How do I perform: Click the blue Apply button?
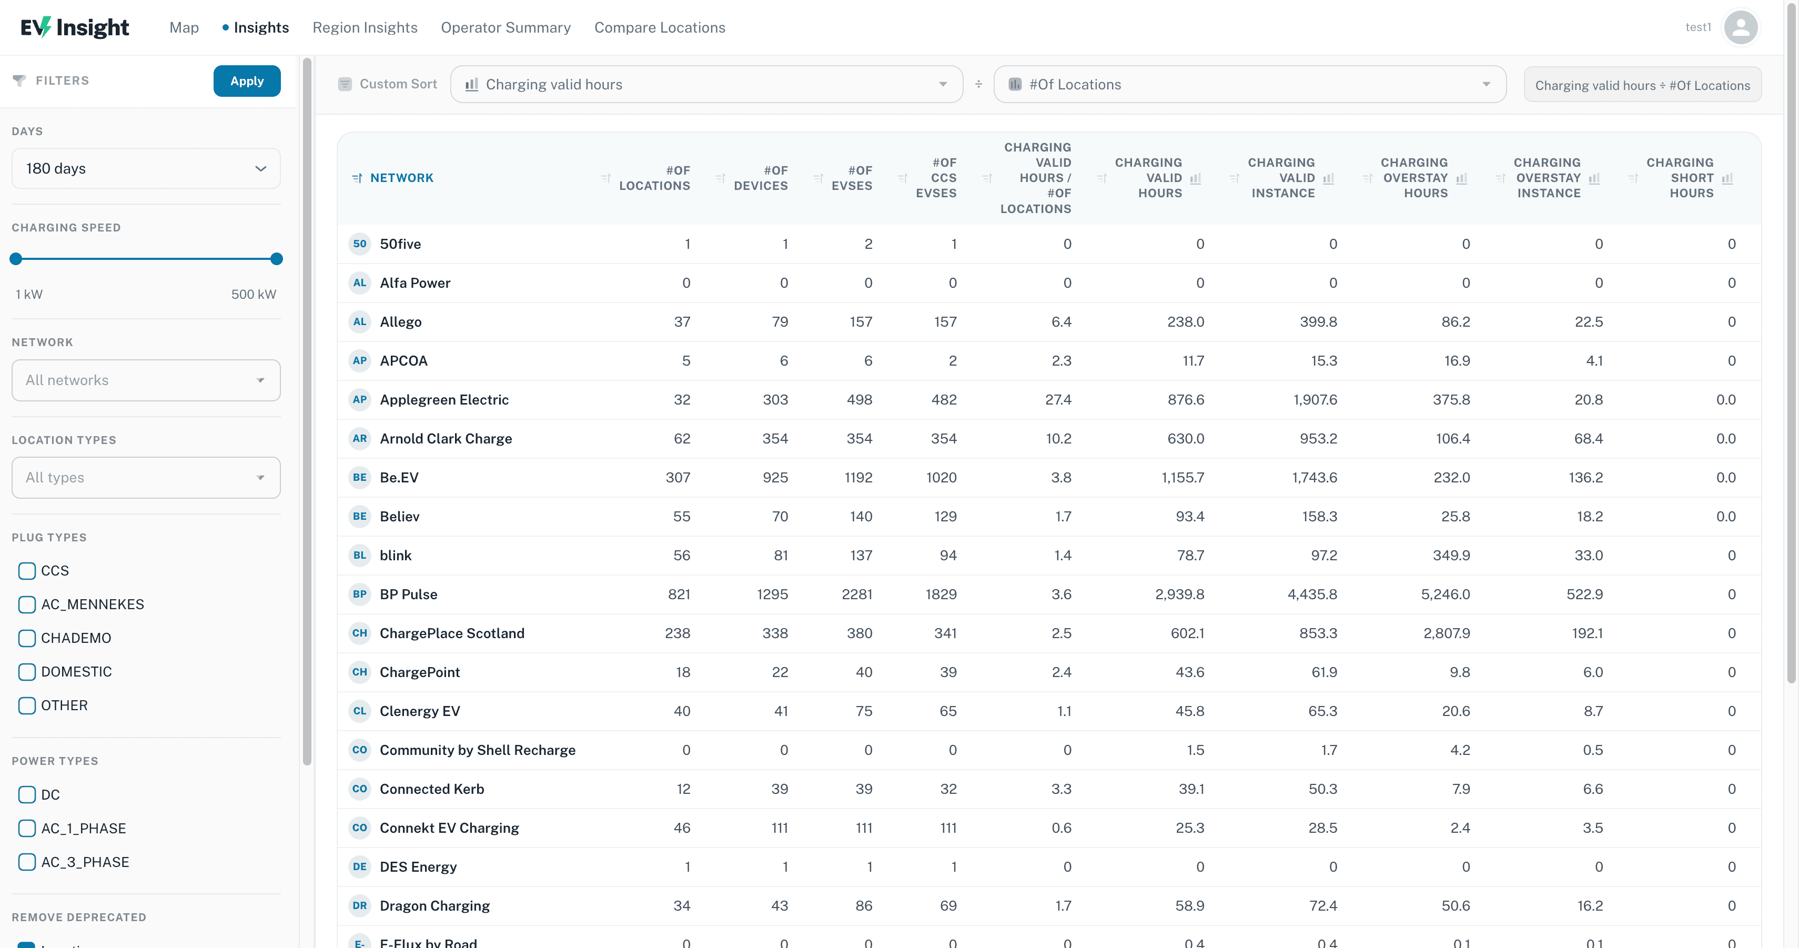pyautogui.click(x=247, y=81)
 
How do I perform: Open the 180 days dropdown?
pyautogui.click(x=146, y=168)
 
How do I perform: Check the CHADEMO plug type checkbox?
pyautogui.click(x=26, y=638)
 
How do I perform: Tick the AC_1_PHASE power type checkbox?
pyautogui.click(x=26, y=829)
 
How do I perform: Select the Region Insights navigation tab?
pyautogui.click(x=365, y=27)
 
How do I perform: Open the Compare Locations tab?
pyautogui.click(x=659, y=27)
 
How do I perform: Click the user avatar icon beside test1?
pyautogui.click(x=1740, y=27)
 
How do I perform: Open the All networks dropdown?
pyautogui.click(x=146, y=380)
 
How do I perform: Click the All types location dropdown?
pyautogui.click(x=146, y=478)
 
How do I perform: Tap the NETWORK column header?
pyautogui.click(x=401, y=178)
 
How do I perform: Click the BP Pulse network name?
pyautogui.click(x=409, y=594)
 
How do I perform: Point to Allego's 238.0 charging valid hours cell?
pyautogui.click(x=1185, y=322)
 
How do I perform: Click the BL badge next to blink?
pyautogui.click(x=360, y=556)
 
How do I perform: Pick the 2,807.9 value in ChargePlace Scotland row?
pyautogui.click(x=1447, y=633)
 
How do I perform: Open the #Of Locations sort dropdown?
pyautogui.click(x=1249, y=85)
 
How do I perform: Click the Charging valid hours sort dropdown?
pyautogui.click(x=707, y=85)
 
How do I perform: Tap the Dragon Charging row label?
pyautogui.click(x=434, y=906)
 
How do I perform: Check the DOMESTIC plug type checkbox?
pyautogui.click(x=26, y=672)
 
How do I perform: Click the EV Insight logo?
pyautogui.click(x=75, y=27)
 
